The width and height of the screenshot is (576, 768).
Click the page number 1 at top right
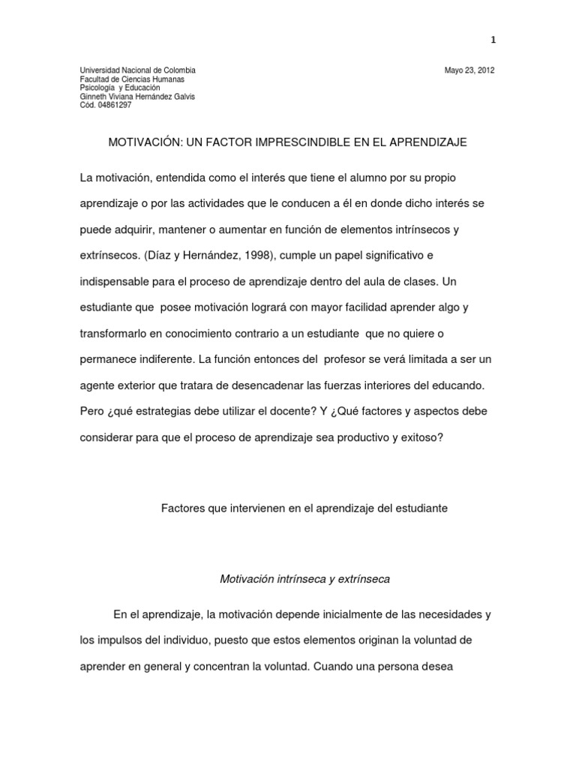tap(493, 40)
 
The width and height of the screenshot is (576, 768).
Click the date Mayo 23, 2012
tap(469, 70)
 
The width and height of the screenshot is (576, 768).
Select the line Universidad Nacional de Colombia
tap(137, 70)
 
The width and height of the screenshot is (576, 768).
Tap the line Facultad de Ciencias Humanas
tap(132, 79)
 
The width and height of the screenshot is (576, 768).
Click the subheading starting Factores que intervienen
tap(304, 508)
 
